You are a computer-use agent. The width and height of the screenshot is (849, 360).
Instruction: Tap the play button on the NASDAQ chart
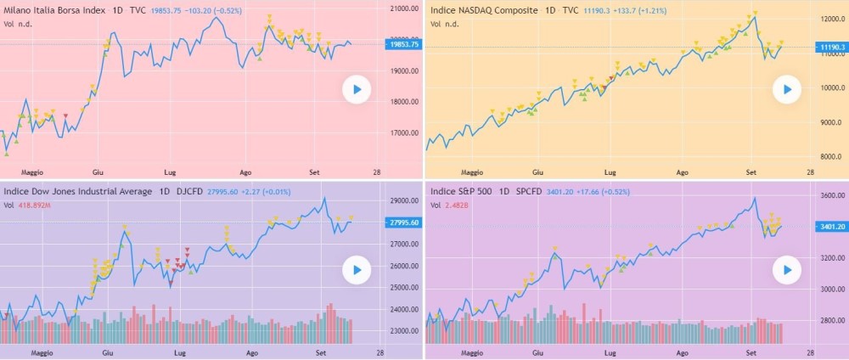tap(787, 89)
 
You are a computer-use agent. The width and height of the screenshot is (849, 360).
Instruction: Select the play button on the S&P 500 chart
tap(787, 271)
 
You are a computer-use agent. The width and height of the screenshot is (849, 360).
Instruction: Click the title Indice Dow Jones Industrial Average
tap(78, 191)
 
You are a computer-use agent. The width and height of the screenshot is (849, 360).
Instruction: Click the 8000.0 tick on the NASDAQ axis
tap(829, 158)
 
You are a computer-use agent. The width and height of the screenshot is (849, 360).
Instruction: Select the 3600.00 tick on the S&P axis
tap(829, 195)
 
